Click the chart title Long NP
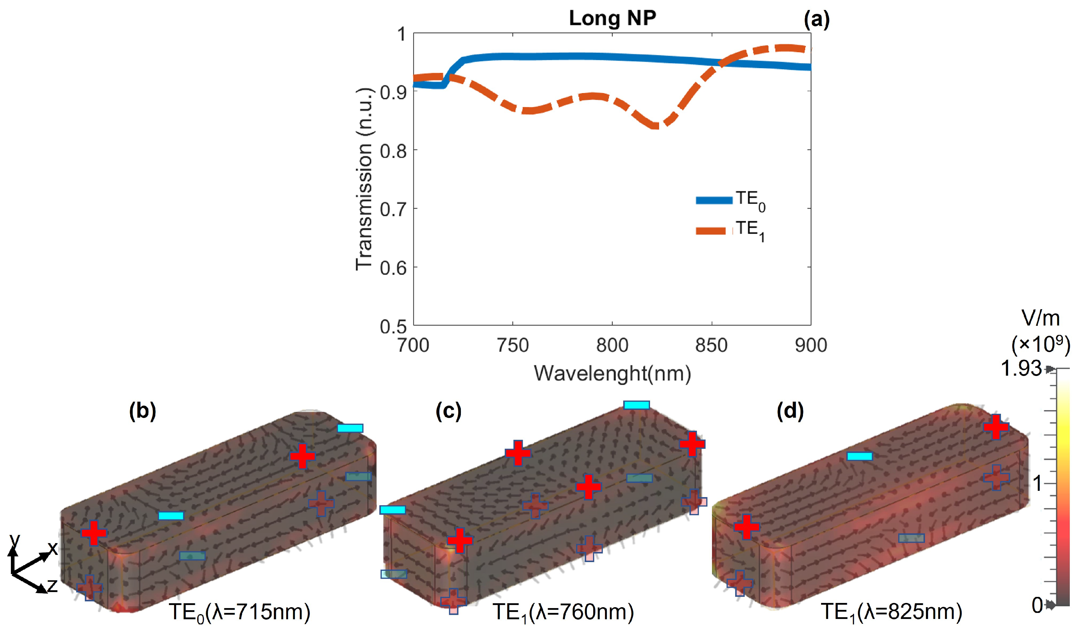pyautogui.click(x=612, y=18)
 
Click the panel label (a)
pyautogui.click(x=816, y=19)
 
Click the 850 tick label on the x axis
pyautogui.click(x=711, y=345)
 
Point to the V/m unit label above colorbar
pyautogui.click(x=1040, y=318)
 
